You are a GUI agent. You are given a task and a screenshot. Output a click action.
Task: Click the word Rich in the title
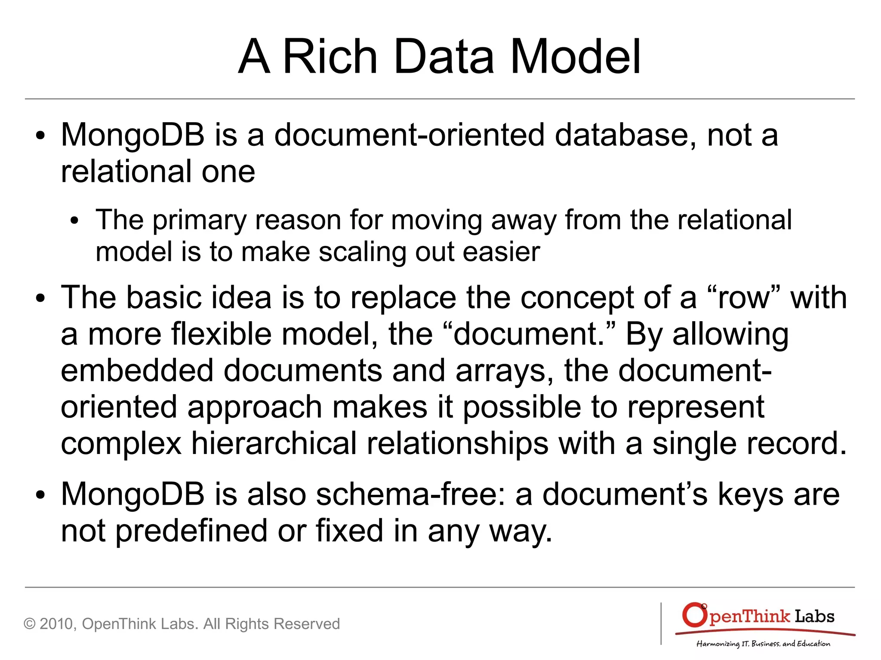click(330, 57)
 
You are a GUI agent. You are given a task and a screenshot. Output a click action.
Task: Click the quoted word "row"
click(743, 298)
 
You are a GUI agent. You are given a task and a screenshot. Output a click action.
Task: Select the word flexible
click(221, 334)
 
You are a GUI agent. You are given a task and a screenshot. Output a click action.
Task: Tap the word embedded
click(137, 371)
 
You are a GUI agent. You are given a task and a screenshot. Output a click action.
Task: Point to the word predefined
click(191, 531)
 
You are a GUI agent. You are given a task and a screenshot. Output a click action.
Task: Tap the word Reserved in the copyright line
click(307, 624)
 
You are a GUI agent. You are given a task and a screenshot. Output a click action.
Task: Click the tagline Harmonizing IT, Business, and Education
click(763, 644)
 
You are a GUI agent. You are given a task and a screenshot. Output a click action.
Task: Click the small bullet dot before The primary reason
click(75, 221)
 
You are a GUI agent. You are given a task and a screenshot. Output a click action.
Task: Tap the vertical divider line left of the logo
click(661, 623)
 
